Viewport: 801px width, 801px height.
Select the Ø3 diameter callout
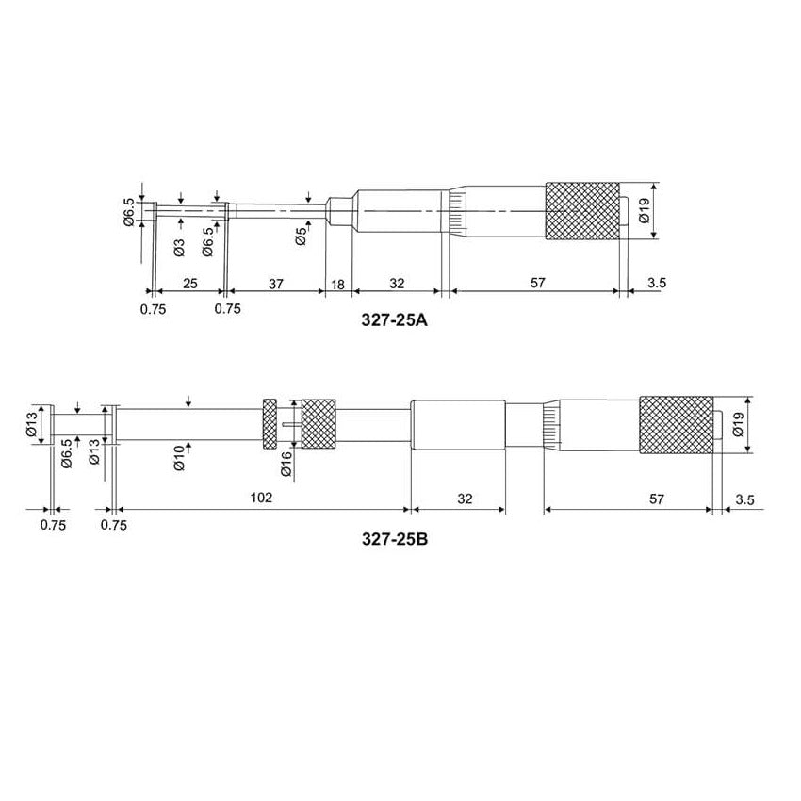[x=179, y=248]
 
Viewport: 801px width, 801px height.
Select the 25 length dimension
[x=189, y=283]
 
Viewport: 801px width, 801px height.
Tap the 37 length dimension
[x=274, y=283]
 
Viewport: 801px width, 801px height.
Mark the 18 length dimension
[x=337, y=283]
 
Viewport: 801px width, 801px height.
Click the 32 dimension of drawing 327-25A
[x=397, y=283]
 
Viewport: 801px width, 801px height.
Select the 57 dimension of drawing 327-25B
[x=629, y=499]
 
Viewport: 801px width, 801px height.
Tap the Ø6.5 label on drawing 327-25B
[x=66, y=454]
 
